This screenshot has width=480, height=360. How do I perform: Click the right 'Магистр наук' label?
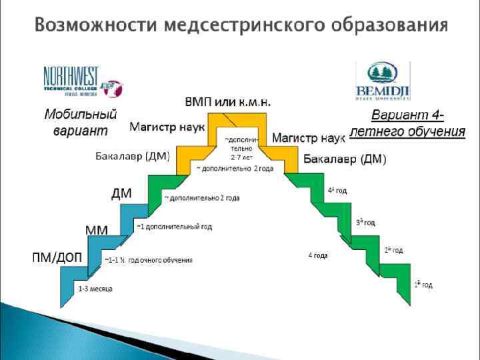pyautogui.click(x=308, y=138)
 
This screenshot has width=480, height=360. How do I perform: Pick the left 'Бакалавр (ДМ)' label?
pyautogui.click(x=131, y=157)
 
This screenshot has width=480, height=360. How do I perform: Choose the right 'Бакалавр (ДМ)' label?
pyautogui.click(x=345, y=159)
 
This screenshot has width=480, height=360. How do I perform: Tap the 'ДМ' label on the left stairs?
pyautogui.click(x=121, y=194)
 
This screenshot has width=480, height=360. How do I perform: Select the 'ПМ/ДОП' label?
pyautogui.click(x=59, y=258)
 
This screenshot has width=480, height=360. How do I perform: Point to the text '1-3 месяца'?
pyautogui.click(x=95, y=289)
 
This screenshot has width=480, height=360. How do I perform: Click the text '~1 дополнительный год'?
pyautogui.click(x=174, y=227)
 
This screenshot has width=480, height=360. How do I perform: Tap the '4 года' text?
pyautogui.click(x=317, y=255)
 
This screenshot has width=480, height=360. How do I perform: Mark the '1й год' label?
pyautogui.click(x=423, y=285)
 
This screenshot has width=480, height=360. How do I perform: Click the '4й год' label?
pyautogui.click(x=337, y=190)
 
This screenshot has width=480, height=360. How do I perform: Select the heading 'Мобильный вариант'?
pyautogui.click(x=80, y=121)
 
